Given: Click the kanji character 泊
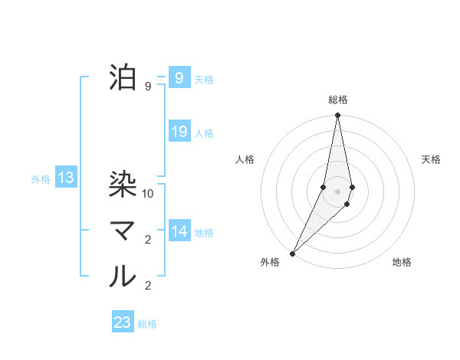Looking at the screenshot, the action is [123, 78].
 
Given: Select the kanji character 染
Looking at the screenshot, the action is [123, 184].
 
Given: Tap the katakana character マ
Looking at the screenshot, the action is [123, 231].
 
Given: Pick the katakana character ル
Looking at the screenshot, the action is [123, 277].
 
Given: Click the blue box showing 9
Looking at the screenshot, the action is [179, 78].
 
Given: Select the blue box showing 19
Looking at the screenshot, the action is [179, 132].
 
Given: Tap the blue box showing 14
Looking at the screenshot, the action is [179, 231].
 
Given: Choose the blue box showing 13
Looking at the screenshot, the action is [65, 178].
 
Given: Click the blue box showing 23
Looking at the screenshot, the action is [123, 322].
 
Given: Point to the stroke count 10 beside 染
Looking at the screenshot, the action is [149, 194].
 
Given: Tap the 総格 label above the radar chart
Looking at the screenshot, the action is [338, 100].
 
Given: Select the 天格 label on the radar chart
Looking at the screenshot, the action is [432, 159].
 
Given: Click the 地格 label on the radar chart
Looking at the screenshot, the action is [402, 262].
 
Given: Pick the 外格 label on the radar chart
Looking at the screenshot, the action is [270, 262].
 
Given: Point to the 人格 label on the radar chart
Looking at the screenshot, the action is [245, 159].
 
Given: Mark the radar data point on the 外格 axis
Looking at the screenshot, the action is [293, 253].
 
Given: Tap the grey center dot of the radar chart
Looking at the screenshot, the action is [338, 191].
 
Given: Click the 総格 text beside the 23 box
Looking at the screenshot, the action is [147, 323].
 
